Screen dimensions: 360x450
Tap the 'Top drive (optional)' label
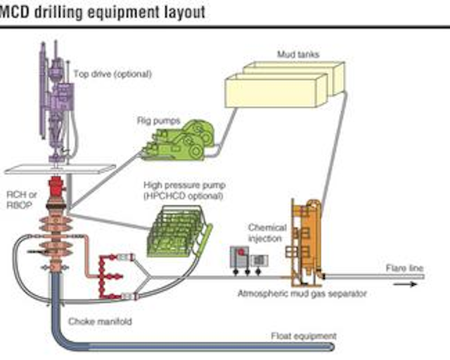pos(112,73)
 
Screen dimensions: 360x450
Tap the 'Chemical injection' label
pos(267,233)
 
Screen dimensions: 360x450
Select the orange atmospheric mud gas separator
pos(307,239)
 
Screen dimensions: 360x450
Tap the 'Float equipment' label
pos(304,335)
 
